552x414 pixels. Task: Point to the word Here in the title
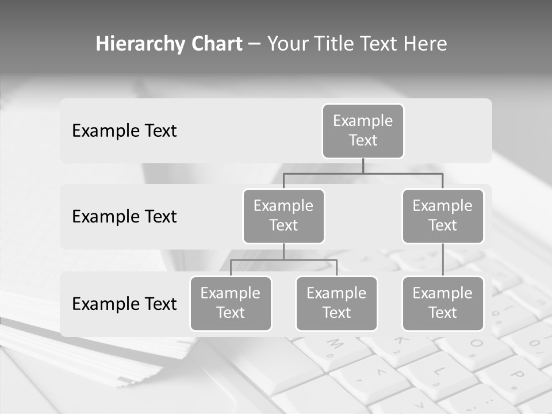[425, 44]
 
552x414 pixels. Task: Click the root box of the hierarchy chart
[363, 131]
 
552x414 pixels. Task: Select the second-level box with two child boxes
[283, 216]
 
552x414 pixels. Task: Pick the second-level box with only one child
[443, 216]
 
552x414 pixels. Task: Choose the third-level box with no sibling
[443, 304]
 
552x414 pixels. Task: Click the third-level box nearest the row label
[231, 304]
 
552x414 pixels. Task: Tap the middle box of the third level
[336, 304]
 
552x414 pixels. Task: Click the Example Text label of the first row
[124, 131]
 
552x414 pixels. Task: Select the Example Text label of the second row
[124, 217]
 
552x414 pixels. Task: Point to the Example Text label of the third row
[124, 304]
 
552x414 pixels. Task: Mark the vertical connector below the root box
[363, 166]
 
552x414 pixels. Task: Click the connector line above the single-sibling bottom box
[443, 260]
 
